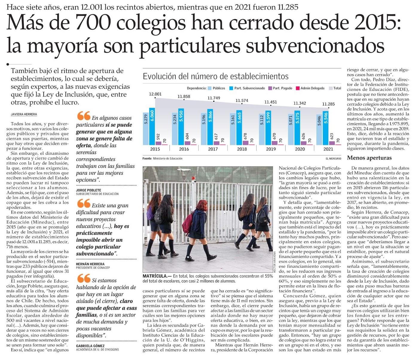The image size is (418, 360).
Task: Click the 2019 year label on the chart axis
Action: click(x=271, y=149)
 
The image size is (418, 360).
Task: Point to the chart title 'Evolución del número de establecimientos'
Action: click(x=216, y=76)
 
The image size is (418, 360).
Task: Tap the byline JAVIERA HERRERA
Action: click(x=24, y=114)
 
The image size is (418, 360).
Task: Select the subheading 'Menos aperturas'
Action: click(x=369, y=158)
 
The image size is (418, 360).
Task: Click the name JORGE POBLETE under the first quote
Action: click(x=89, y=190)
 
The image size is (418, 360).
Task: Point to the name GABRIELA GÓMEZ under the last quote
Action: click(x=90, y=346)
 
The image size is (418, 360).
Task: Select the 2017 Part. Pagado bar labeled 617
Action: click(x=216, y=143)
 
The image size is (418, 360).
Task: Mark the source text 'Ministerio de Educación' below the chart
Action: click(x=167, y=158)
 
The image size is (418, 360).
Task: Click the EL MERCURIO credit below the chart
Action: click(x=333, y=158)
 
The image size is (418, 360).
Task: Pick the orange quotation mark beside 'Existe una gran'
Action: click(x=84, y=203)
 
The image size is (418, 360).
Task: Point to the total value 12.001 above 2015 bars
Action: click(x=155, y=94)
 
